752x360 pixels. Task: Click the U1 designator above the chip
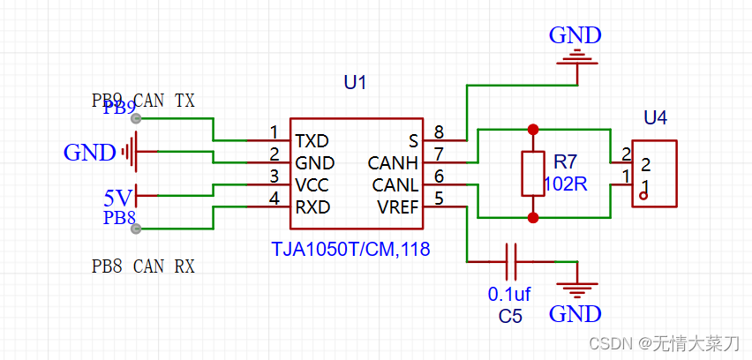pyautogui.click(x=355, y=83)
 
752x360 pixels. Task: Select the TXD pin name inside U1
pyautogui.click(x=312, y=141)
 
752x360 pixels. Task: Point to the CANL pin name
pyautogui.click(x=395, y=185)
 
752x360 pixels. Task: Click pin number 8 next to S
pyautogui.click(x=438, y=132)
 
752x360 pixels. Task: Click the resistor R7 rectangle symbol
pyautogui.click(x=532, y=173)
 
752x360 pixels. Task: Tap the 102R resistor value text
pyautogui.click(x=566, y=185)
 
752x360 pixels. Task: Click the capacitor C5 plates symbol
pyautogui.click(x=510, y=262)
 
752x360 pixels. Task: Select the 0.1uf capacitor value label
pyautogui.click(x=508, y=293)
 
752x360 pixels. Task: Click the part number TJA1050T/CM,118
pyautogui.click(x=350, y=250)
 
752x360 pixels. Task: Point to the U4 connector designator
pyautogui.click(x=655, y=117)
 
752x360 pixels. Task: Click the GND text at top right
pyautogui.click(x=575, y=36)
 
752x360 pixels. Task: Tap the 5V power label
pyautogui.click(x=118, y=195)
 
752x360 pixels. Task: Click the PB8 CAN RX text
pyautogui.click(x=143, y=266)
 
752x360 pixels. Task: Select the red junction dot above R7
pyautogui.click(x=532, y=130)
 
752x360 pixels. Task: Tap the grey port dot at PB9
pyautogui.click(x=135, y=118)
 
